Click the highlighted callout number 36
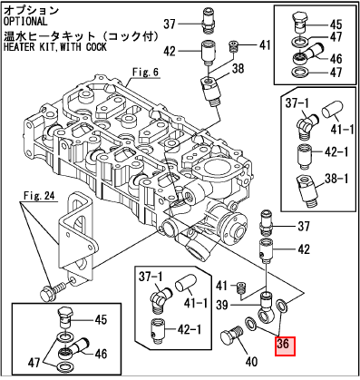[x=285, y=346]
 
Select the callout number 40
[x=252, y=362]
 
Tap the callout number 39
[x=222, y=305]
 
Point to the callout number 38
[x=238, y=69]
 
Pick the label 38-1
[x=336, y=179]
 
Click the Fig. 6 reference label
[x=145, y=73]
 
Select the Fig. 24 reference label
[x=40, y=196]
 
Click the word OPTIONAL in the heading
[x=25, y=22]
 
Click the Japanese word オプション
[x=30, y=10]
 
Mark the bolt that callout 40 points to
[x=231, y=336]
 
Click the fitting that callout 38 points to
[x=211, y=92]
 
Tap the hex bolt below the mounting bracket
[x=53, y=290]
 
